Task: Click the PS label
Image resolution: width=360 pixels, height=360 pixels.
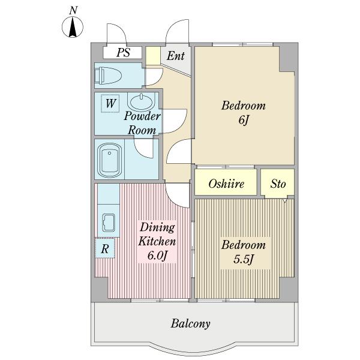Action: [123, 53]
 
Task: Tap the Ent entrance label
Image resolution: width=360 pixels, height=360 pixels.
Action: [176, 56]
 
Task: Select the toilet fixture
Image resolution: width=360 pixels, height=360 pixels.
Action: [107, 76]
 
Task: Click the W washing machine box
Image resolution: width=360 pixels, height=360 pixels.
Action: [110, 103]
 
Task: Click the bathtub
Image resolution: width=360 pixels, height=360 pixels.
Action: [109, 160]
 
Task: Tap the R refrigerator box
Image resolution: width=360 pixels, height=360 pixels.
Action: [105, 248]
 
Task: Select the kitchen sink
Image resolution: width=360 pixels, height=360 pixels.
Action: [109, 223]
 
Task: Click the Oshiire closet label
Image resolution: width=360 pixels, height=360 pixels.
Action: [226, 184]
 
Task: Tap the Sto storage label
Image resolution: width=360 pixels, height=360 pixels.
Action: [278, 184]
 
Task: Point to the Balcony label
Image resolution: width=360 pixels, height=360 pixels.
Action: [190, 324]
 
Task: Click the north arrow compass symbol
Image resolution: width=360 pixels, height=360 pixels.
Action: [73, 28]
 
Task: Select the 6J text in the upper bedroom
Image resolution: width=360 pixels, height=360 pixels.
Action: [244, 120]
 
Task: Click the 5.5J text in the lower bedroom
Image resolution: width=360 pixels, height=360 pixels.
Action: [244, 259]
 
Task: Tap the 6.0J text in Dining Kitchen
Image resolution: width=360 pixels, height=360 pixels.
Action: [157, 256]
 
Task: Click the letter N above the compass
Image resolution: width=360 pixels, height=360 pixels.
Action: [73, 11]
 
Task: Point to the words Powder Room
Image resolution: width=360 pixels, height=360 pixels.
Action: [142, 123]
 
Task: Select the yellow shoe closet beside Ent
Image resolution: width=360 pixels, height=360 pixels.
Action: [153, 56]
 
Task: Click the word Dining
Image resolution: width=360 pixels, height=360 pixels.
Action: [157, 228]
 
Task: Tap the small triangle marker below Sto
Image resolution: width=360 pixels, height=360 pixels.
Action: [284, 201]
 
